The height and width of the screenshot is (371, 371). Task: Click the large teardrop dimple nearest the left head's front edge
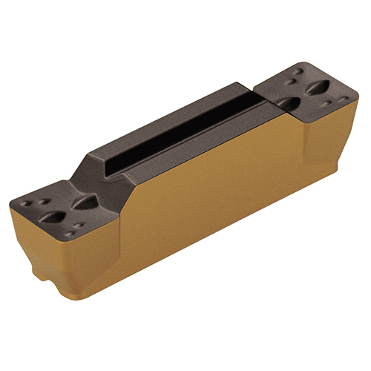tap(54, 217)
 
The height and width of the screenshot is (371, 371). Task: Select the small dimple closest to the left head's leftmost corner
tap(28, 201)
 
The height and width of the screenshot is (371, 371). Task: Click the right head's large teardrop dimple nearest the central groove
tap(289, 102)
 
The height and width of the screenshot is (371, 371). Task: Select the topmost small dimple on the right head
tap(298, 73)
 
